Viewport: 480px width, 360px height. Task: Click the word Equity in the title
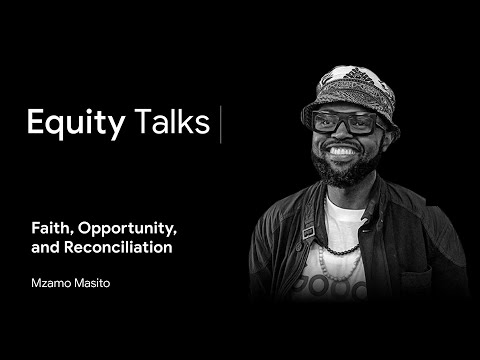[76, 124]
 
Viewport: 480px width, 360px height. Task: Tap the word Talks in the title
[172, 120]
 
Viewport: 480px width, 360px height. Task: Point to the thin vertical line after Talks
[220, 124]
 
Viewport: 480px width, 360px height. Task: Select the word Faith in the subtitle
[53, 229]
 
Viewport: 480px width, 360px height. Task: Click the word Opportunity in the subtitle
[127, 229]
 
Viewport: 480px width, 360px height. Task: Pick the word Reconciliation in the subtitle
[118, 247]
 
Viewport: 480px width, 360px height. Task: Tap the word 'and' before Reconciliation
[46, 248]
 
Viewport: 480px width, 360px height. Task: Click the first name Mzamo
[51, 283]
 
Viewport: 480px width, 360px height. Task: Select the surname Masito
[92, 283]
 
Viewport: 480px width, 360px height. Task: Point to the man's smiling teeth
[342, 152]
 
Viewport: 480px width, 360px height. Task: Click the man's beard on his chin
[343, 173]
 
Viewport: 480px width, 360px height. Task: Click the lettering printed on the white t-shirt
[330, 288]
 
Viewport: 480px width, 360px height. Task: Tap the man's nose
[342, 133]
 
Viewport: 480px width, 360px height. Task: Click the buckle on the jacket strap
[308, 232]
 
